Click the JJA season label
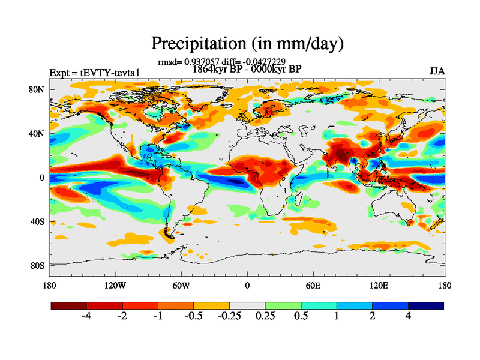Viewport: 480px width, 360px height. click(437, 71)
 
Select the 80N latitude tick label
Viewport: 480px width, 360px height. click(37, 90)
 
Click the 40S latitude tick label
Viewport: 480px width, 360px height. click(37, 221)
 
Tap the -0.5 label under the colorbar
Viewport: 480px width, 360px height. click(194, 316)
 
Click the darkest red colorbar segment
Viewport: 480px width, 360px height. click(69, 305)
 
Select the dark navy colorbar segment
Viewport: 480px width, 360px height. click(425, 305)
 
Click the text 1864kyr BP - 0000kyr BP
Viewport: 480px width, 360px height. click(247, 69)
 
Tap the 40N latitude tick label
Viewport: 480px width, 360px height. click(37, 134)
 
